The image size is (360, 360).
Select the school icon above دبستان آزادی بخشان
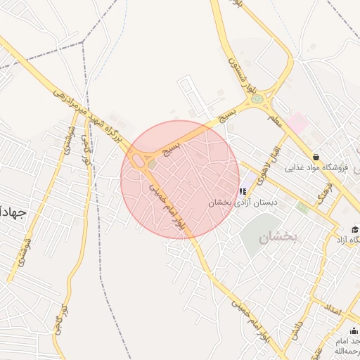click(243, 191)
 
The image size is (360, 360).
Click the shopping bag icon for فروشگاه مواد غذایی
click(316, 157)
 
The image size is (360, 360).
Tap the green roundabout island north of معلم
click(257, 99)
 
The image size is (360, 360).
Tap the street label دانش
click(298, 332)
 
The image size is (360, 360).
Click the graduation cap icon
click(355, 230)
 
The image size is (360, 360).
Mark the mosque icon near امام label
click(353, 331)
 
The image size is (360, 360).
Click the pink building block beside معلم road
click(297, 123)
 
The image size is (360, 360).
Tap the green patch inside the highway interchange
click(152, 165)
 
